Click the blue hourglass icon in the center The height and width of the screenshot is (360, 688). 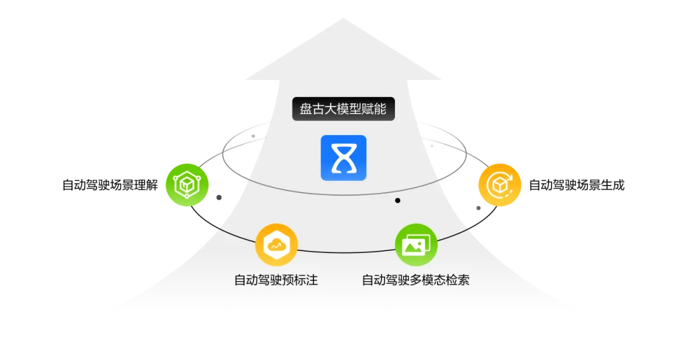[x=343, y=157]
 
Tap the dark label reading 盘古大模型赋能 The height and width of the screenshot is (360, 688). [x=343, y=109]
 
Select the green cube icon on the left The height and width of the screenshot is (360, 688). [x=186, y=185]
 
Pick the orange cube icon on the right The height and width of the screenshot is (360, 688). [x=500, y=185]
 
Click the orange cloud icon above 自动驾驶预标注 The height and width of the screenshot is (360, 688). [x=277, y=245]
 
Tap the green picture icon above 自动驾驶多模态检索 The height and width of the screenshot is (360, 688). [x=417, y=245]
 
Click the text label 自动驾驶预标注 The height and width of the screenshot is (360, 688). [x=276, y=280]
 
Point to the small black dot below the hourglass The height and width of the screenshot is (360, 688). [x=398, y=201]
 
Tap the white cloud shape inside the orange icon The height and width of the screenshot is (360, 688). [x=277, y=244]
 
